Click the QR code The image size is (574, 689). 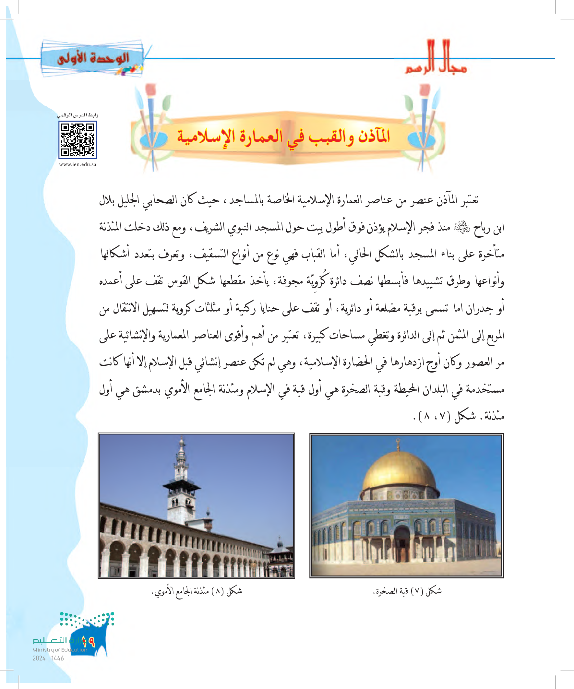[78, 140]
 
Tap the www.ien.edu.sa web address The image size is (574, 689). [78, 164]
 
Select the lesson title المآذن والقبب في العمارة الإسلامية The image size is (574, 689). [283, 136]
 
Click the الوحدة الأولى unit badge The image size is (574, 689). [93, 58]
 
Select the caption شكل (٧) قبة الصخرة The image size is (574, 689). [407, 591]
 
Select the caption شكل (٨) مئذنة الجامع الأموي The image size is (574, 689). [197, 591]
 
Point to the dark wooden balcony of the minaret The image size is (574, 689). [182, 485]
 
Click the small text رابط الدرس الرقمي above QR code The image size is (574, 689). [78, 115]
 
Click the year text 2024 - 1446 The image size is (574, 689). [48, 658]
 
